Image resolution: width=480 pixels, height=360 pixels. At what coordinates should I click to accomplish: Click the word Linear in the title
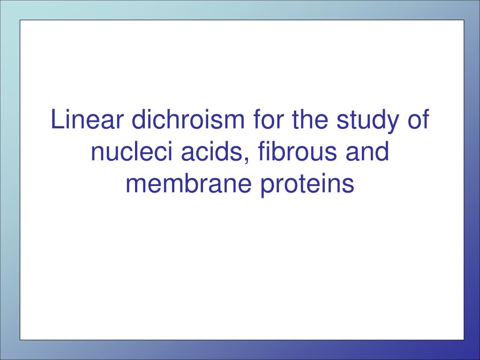coord(87,119)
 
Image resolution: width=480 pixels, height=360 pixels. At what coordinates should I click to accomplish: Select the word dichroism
coord(188,119)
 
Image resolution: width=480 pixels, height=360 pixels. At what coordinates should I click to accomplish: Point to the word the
coord(310,119)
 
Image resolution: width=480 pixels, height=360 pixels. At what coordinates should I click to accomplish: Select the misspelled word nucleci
coord(132,151)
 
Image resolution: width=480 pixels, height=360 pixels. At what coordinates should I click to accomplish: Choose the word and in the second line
coord(367,151)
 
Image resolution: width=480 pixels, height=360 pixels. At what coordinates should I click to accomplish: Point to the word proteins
coord(307,186)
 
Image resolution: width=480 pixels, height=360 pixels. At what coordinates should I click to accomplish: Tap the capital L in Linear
coord(58,119)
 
